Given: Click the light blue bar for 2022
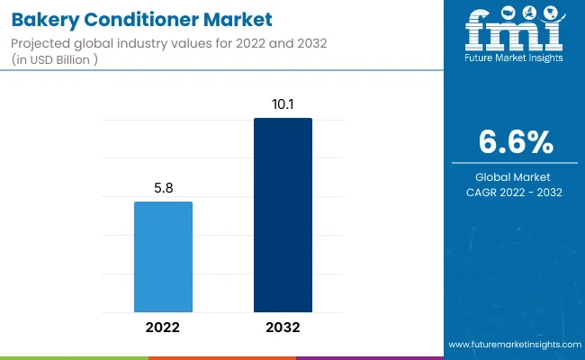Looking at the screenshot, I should tap(163, 256).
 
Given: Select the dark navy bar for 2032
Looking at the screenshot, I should tap(283, 215).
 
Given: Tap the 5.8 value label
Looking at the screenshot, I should tap(163, 189).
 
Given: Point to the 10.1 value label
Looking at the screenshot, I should tap(283, 105).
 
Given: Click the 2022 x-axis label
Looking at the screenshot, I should tap(163, 328).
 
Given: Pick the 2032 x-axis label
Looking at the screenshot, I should tap(283, 328).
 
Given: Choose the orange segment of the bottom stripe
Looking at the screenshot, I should tap(221, 357).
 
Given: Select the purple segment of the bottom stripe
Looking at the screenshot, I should tap(369, 357).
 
